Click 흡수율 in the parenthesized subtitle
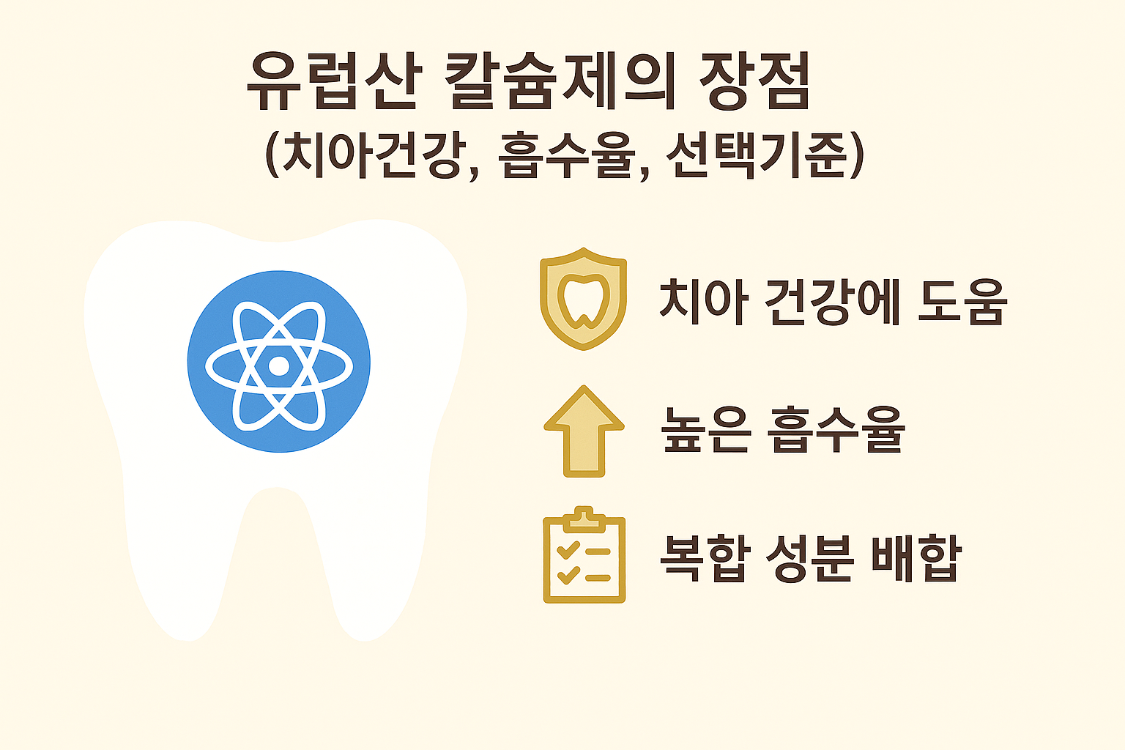(565, 156)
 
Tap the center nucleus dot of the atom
(278, 365)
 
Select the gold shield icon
(583, 298)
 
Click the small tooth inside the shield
(583, 300)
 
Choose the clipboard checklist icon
(584, 557)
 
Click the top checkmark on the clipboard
(568, 550)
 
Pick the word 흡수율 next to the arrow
(836, 430)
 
